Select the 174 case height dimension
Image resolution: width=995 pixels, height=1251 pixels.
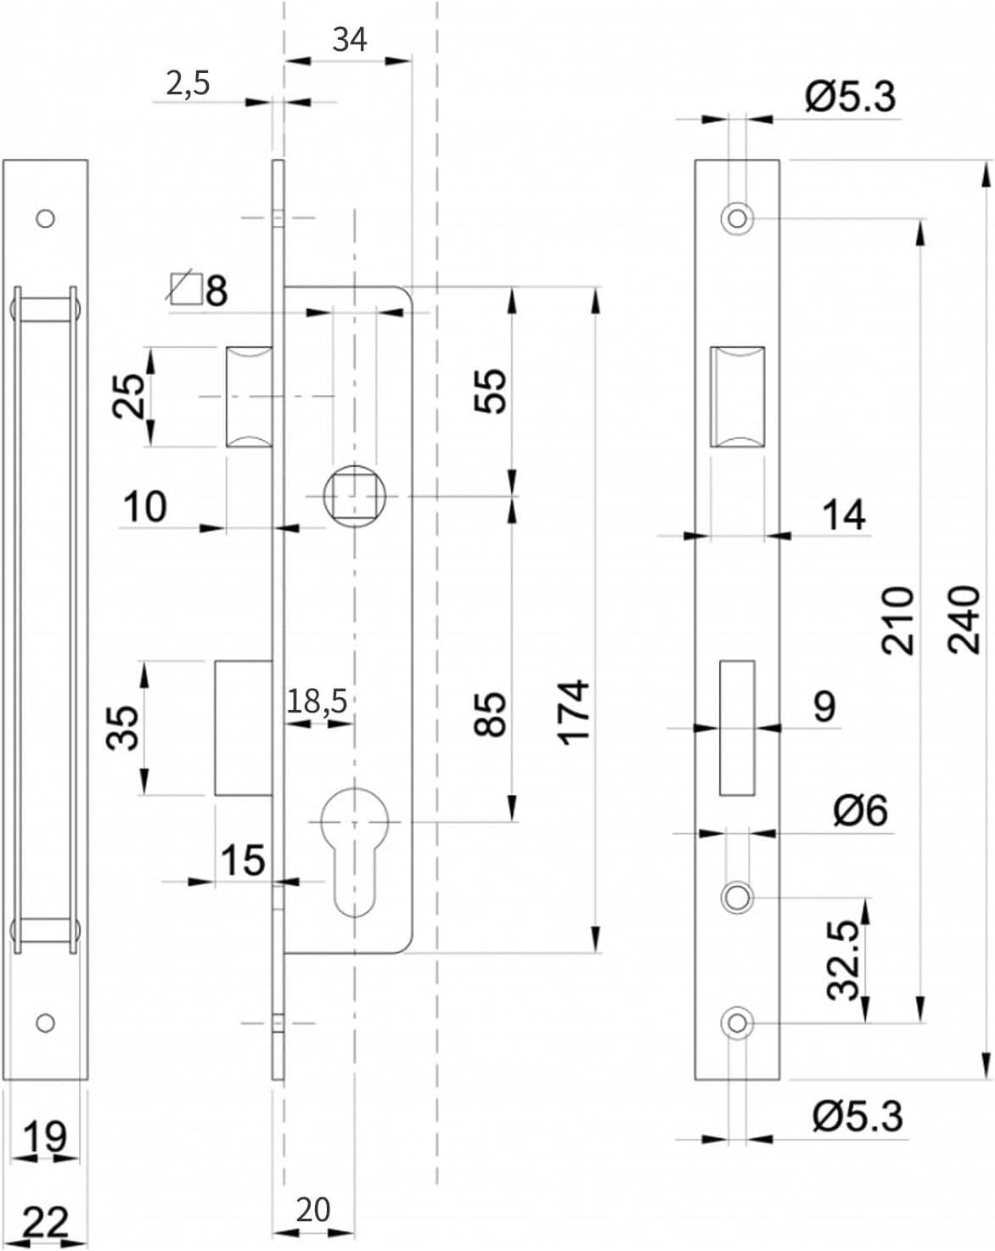574,712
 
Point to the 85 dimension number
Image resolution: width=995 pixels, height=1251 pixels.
490,714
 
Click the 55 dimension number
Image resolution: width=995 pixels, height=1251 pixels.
490,391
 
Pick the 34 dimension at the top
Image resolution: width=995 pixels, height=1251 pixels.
350,40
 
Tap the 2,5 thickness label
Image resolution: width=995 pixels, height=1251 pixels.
188,84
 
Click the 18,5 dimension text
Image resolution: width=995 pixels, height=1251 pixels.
318,702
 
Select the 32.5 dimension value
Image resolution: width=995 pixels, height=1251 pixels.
843,967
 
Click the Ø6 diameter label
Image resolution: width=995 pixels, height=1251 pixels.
862,810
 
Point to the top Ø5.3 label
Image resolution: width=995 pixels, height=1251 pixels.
851,97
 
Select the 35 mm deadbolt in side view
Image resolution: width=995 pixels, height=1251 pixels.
245,727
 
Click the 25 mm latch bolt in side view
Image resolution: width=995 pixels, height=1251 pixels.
250,397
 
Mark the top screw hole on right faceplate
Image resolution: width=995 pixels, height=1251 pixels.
738,219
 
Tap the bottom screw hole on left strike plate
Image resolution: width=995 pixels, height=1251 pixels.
45,1023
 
